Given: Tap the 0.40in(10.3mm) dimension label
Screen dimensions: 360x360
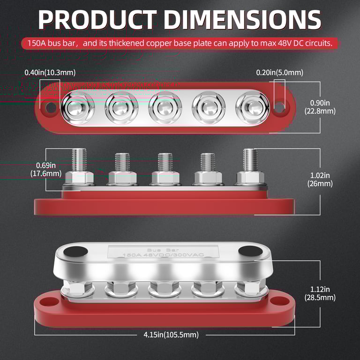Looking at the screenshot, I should pos(50,73).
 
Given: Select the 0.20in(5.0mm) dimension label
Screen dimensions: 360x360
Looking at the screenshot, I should pos(279,73).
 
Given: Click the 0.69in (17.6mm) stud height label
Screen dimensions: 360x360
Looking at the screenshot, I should pos(49,169).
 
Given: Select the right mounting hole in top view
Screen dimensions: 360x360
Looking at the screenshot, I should pos(279,107).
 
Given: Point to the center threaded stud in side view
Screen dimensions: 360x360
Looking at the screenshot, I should pos(165,162).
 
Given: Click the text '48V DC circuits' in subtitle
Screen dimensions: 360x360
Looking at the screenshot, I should pos(304,44).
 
